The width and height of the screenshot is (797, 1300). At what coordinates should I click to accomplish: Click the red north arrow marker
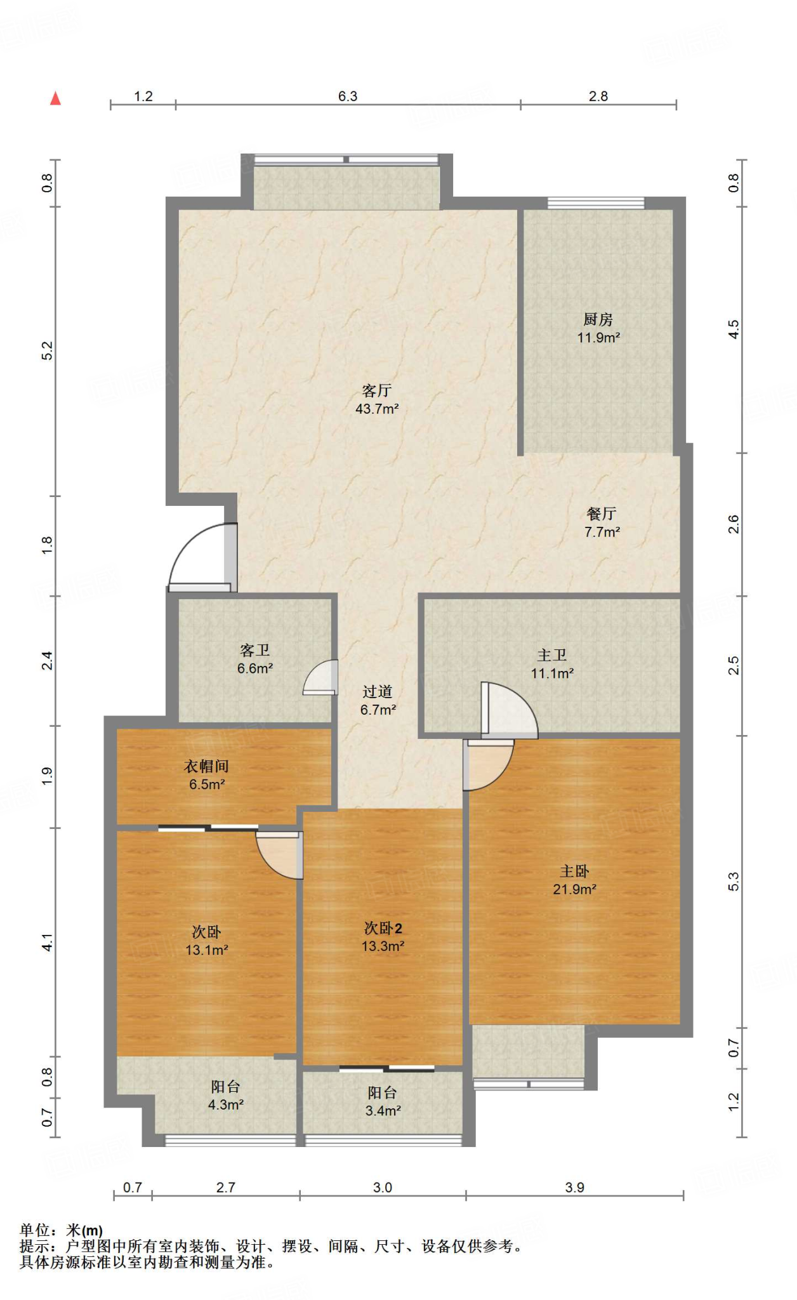click(x=56, y=98)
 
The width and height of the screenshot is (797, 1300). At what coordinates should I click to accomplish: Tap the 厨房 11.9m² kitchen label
click(x=598, y=328)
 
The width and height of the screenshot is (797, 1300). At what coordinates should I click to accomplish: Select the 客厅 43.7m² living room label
click(x=377, y=399)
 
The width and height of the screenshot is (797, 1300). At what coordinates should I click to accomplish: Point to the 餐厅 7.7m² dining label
click(x=602, y=522)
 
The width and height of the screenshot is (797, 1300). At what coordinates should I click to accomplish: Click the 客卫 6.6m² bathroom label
click(x=255, y=659)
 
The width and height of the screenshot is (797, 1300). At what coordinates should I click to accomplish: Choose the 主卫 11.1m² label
click(x=552, y=664)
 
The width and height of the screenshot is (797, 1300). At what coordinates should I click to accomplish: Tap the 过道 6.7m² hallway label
click(x=378, y=701)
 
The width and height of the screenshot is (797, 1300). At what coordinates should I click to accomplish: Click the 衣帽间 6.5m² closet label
click(x=207, y=775)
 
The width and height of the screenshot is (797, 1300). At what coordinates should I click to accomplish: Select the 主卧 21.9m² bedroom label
click(x=574, y=880)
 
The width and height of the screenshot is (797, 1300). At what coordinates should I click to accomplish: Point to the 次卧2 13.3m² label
click(x=383, y=937)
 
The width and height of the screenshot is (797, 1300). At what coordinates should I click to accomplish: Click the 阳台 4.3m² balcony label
click(x=226, y=1096)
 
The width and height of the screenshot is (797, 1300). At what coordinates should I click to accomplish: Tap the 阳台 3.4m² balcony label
click(x=383, y=1102)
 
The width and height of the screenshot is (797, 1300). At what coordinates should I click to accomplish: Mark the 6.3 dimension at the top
click(x=348, y=96)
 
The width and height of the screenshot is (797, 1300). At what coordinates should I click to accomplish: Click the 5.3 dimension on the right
click(x=734, y=882)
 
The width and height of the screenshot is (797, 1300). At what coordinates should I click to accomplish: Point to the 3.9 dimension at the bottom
click(x=575, y=1187)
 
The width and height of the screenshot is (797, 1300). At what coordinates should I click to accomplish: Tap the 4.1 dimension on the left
click(x=48, y=942)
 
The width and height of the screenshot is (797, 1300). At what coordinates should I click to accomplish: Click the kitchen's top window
click(x=596, y=203)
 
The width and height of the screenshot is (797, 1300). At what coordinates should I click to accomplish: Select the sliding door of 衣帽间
click(x=208, y=828)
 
